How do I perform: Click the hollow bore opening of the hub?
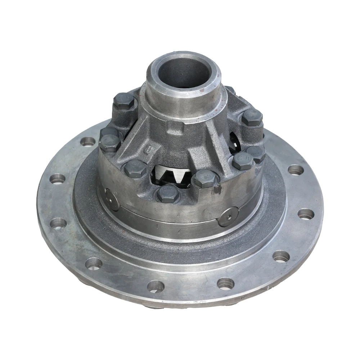[184, 72]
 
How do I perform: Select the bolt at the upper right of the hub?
[252, 118]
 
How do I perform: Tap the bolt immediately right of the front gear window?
[206, 178]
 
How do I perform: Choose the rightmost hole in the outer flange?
[306, 214]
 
